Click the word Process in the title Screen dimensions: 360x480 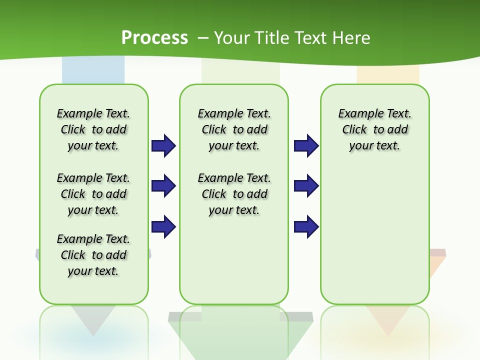pyautogui.click(x=154, y=38)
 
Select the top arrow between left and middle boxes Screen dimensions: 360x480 pyautogui.click(x=163, y=146)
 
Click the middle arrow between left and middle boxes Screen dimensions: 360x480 pyautogui.click(x=163, y=186)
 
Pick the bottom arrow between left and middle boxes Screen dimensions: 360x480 pyautogui.click(x=163, y=226)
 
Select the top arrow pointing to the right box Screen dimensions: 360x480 pyautogui.click(x=306, y=146)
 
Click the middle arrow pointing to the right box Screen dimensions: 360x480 pyautogui.click(x=306, y=186)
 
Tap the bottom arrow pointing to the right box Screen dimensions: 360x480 pyautogui.click(x=306, y=226)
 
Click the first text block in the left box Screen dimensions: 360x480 pyautogui.click(x=93, y=129)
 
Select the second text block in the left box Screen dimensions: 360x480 pyautogui.click(x=93, y=194)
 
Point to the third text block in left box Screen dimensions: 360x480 pyautogui.click(x=93, y=255)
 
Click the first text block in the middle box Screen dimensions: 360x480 pyautogui.click(x=234, y=129)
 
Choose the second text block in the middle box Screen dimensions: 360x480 pyautogui.click(x=234, y=194)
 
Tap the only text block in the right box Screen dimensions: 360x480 pyautogui.click(x=375, y=129)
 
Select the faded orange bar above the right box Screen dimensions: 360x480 pyautogui.click(x=388, y=75)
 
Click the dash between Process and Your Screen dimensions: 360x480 pyautogui.click(x=203, y=38)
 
